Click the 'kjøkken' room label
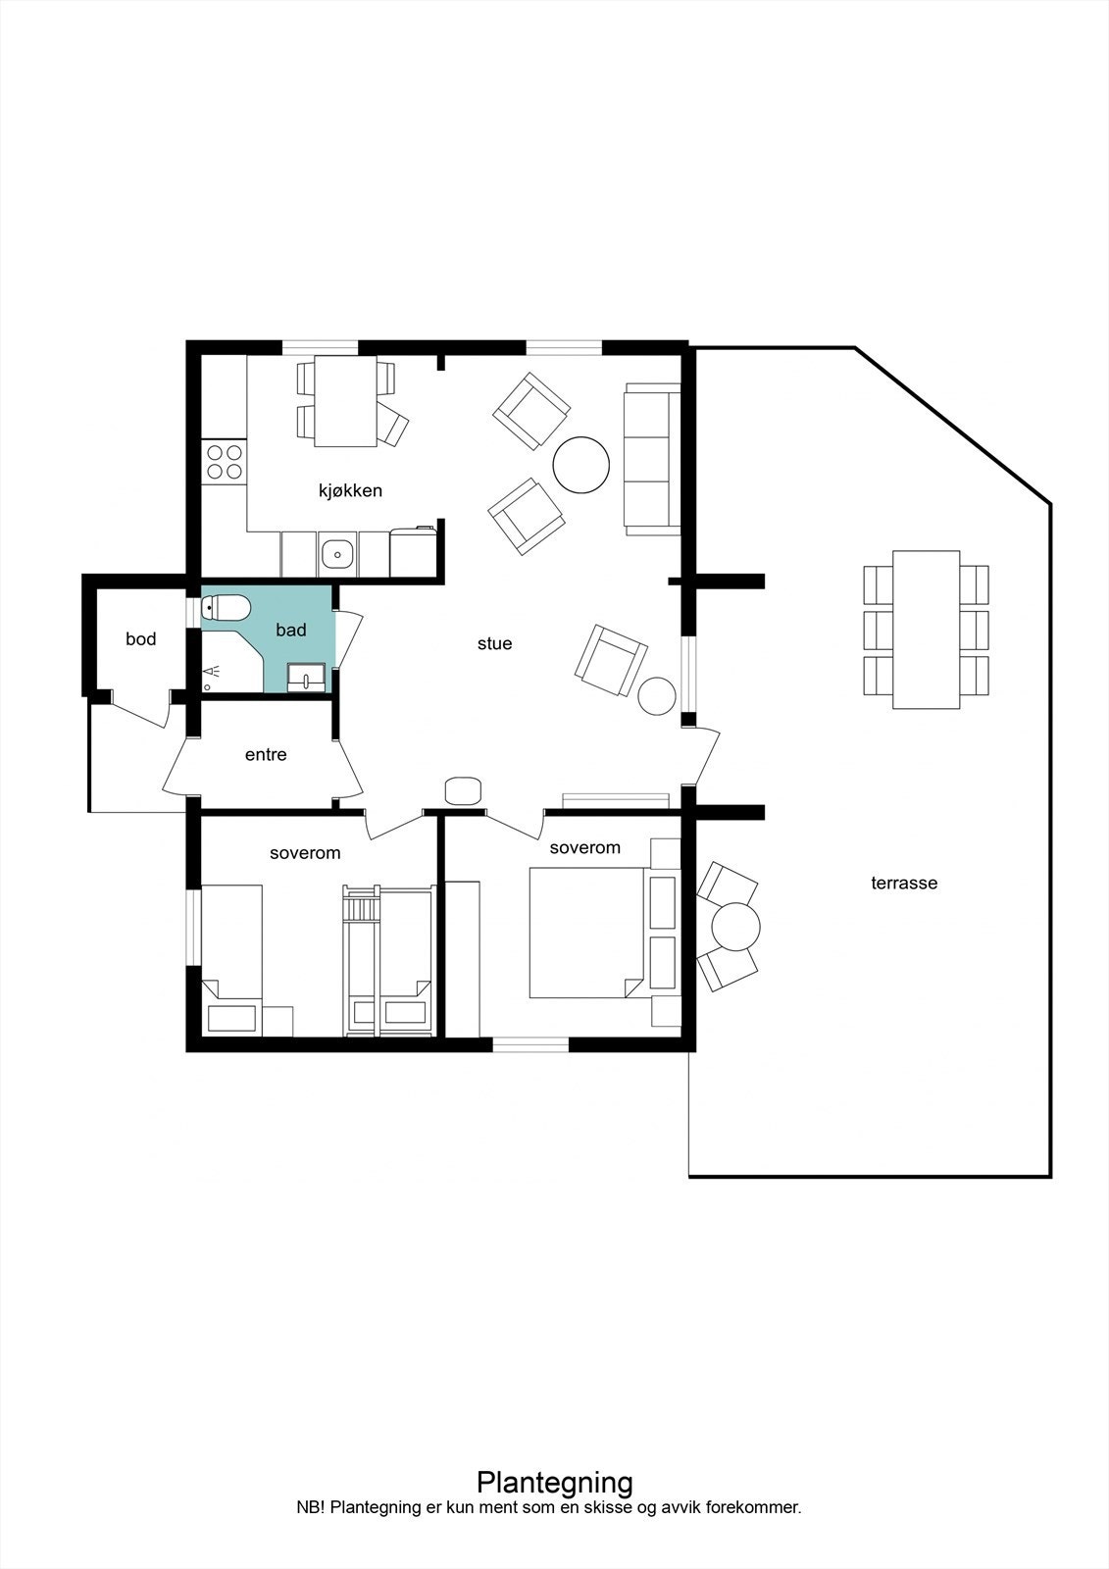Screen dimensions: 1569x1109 [x=349, y=490]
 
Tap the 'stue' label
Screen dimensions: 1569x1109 [x=494, y=644]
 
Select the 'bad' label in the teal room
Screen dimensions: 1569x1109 [x=290, y=631]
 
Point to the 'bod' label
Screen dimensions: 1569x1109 [x=140, y=639]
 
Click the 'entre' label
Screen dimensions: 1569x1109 [x=266, y=755]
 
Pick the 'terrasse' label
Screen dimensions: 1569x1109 [x=904, y=883]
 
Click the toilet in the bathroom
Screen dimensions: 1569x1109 [x=225, y=609]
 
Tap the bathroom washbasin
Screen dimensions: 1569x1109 [x=307, y=677]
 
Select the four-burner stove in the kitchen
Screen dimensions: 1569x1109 [x=224, y=462]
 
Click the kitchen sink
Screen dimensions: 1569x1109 [x=337, y=554]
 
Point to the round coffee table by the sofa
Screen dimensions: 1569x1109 [x=581, y=465]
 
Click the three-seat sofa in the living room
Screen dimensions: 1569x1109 [x=652, y=459]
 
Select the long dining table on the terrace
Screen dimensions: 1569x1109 [x=926, y=630]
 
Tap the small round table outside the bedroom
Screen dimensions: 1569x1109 [x=735, y=926]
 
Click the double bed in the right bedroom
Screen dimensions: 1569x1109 [x=586, y=932]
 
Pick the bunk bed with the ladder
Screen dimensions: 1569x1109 [x=388, y=961]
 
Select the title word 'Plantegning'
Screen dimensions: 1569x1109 [x=554, y=1481]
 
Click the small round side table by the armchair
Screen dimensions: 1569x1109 [x=656, y=695]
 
